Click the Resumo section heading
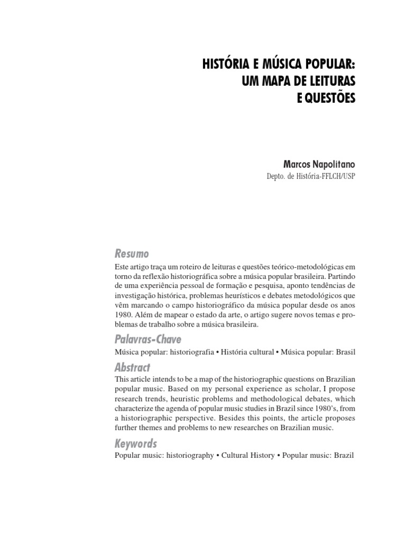pos(132,254)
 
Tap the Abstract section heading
pos(132,367)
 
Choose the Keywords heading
pos(136,444)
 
